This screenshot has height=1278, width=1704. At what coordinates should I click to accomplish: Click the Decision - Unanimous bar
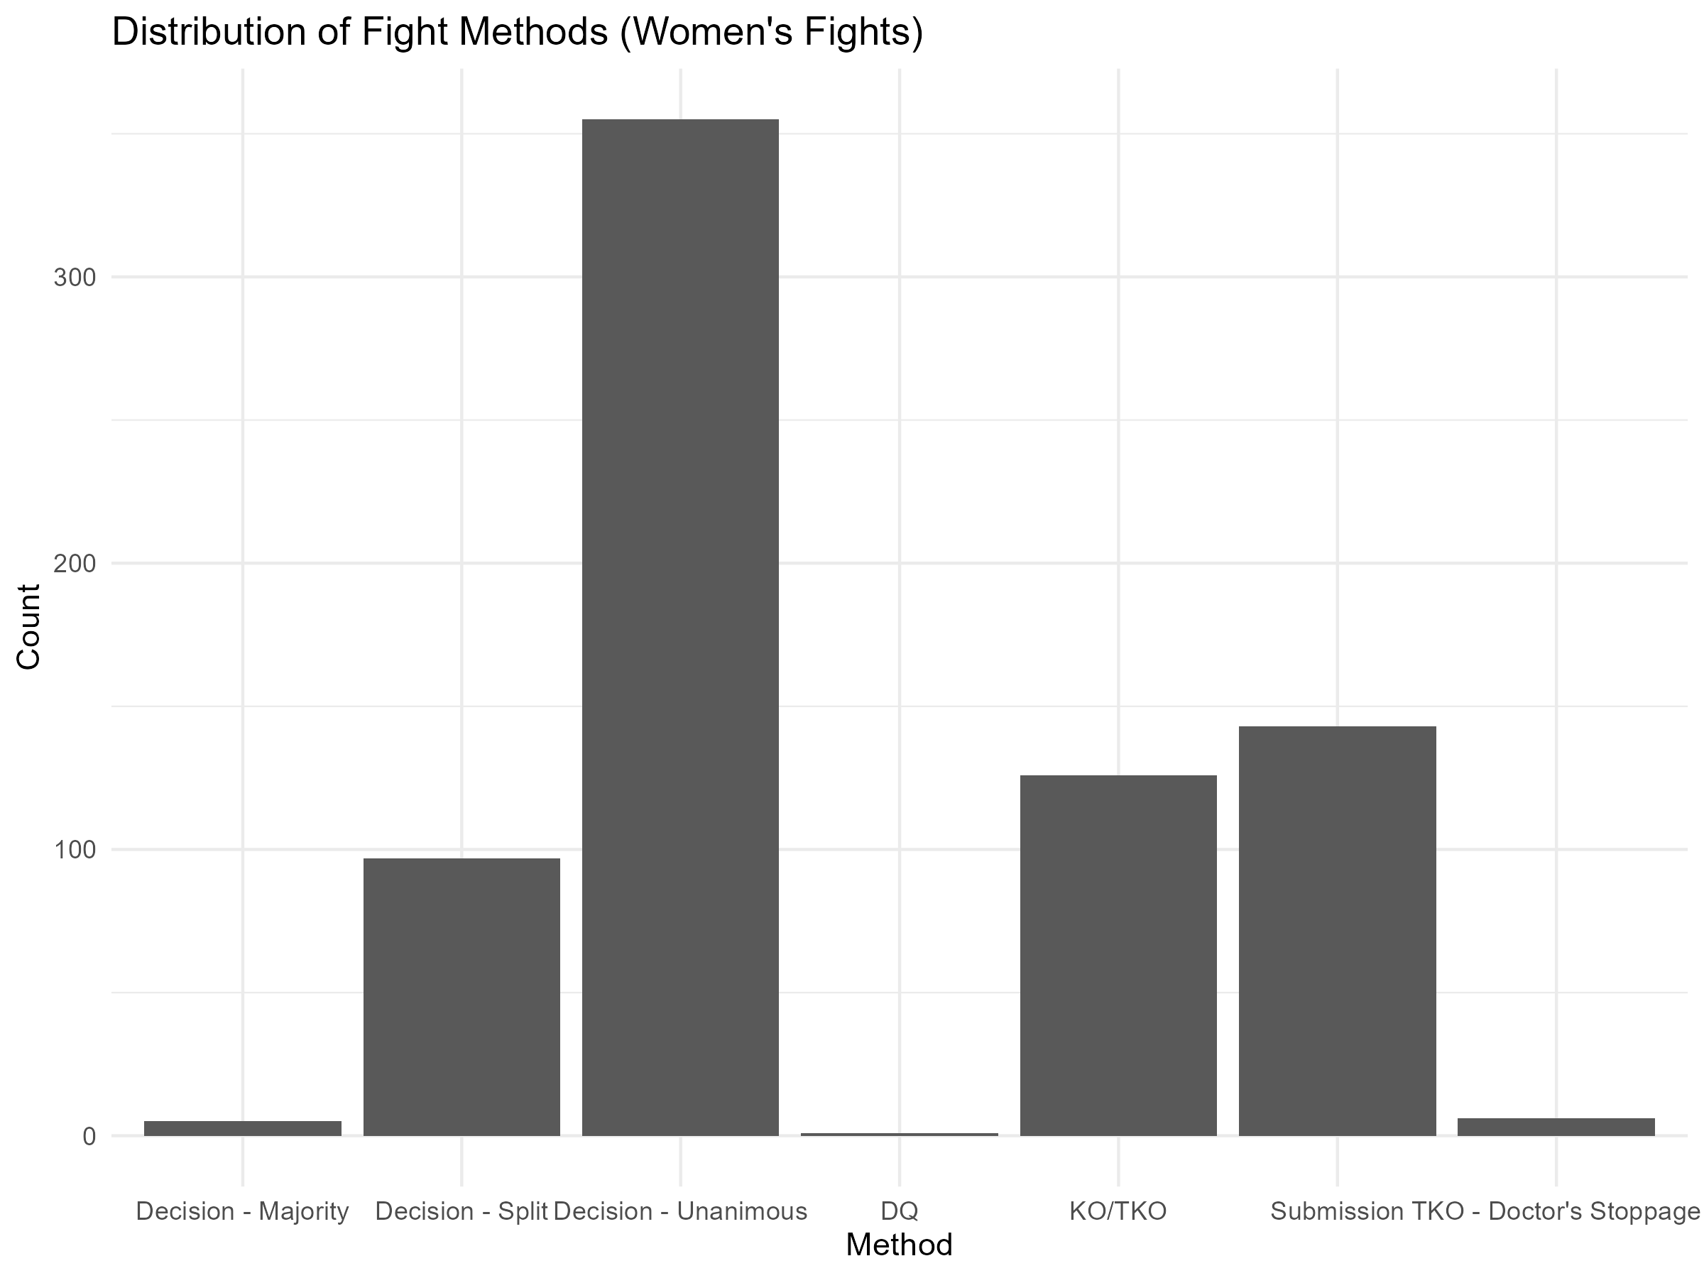coord(680,627)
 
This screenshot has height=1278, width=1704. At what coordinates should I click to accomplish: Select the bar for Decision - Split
coord(461,996)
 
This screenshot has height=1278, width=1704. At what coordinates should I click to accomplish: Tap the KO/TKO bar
coord(1118,954)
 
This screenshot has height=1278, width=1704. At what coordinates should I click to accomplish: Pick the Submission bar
coord(1338,931)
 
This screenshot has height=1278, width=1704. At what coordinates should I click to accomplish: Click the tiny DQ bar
coord(899,1134)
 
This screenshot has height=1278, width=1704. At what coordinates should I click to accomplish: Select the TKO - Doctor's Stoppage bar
coord(1556,1126)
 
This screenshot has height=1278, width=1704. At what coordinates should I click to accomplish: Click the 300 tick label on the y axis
coord(75,278)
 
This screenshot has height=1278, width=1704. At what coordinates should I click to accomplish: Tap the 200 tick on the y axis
coord(75,564)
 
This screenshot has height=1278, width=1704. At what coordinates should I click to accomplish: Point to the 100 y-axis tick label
coord(75,851)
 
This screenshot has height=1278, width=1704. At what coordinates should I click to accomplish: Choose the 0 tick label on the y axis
coord(89,1136)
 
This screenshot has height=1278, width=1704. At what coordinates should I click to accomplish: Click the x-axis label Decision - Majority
coord(243,1211)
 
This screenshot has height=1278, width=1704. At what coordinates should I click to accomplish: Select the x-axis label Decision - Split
coord(461,1211)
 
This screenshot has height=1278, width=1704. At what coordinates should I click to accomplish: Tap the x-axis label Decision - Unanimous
coord(680,1211)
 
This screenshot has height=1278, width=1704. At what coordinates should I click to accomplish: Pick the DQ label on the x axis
coord(899,1211)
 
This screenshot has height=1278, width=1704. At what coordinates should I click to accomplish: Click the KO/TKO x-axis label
coord(1118,1211)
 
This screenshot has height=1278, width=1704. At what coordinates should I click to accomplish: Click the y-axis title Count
coord(29,626)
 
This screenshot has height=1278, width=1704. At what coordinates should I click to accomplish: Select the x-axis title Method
coord(899,1245)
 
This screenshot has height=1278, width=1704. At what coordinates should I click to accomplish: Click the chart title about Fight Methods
coord(517,33)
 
